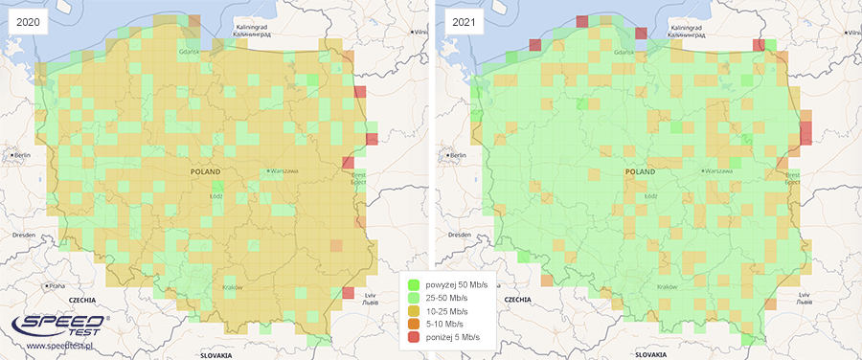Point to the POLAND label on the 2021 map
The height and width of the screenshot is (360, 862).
click(x=641, y=172)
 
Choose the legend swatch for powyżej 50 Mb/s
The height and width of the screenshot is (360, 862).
click(x=413, y=284)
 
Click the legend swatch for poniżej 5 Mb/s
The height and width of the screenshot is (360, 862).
click(x=413, y=338)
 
